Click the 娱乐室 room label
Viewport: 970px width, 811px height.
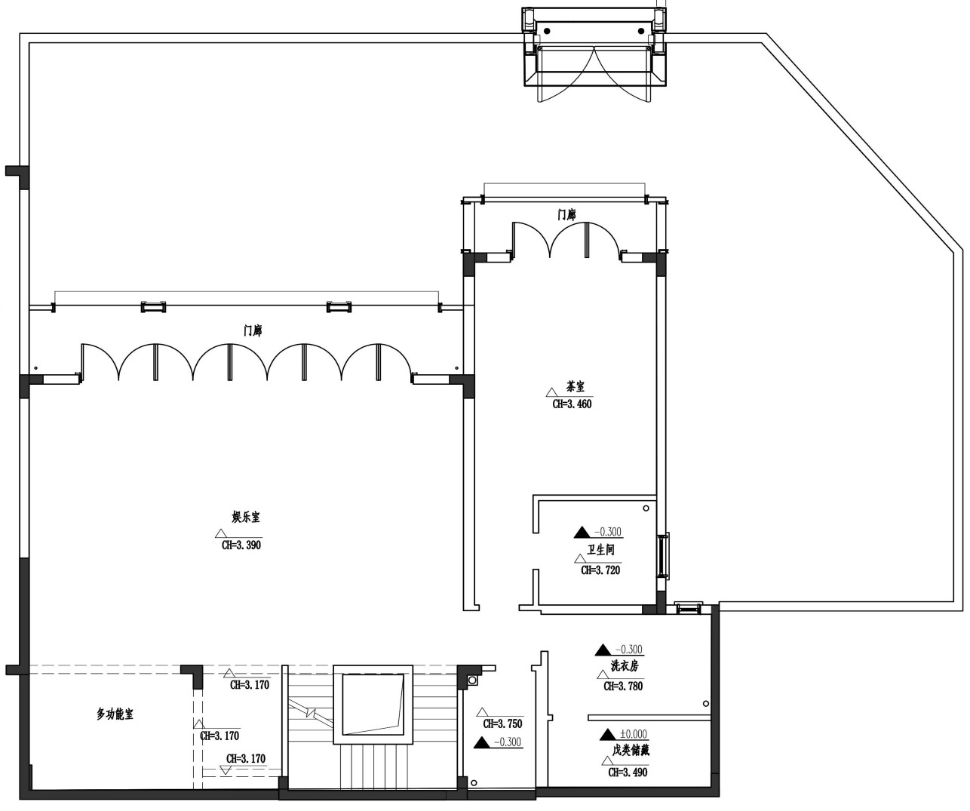(x=246, y=517)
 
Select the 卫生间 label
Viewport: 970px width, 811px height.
(x=600, y=550)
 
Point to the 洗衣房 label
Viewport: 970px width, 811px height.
(x=625, y=666)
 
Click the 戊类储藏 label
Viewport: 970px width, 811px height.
(x=631, y=750)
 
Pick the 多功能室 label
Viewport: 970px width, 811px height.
(x=115, y=714)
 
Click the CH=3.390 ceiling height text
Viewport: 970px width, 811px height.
(x=241, y=545)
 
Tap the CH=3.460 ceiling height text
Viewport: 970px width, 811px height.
(x=572, y=404)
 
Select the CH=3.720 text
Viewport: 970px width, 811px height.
(x=600, y=570)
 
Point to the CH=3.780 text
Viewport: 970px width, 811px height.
(x=623, y=686)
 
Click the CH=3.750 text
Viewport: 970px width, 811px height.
(x=502, y=723)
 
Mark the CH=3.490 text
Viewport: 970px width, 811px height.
(x=628, y=773)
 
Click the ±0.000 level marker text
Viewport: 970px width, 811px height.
(x=633, y=734)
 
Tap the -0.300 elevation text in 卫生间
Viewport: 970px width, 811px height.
(x=608, y=532)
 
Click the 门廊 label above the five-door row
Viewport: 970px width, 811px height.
(x=253, y=330)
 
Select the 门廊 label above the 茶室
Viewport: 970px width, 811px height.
(x=566, y=215)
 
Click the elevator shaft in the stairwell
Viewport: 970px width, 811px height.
(x=373, y=705)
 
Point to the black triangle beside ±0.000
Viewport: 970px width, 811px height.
(x=608, y=735)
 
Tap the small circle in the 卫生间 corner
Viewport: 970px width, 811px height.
(x=646, y=508)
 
